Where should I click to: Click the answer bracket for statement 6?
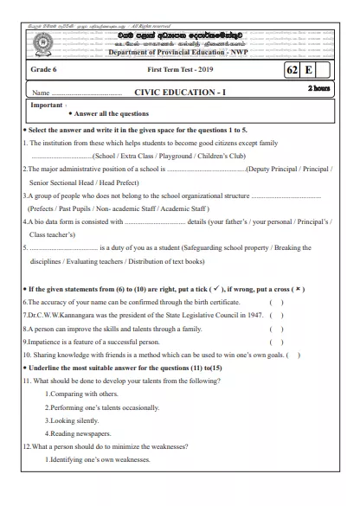tap(276, 301)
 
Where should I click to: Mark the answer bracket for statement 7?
tap(276, 315)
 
